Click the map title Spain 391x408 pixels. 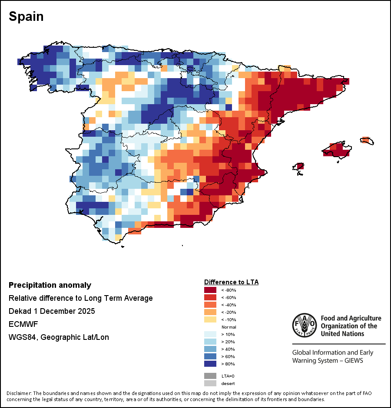pos(26,16)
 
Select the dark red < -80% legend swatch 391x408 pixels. pos(210,290)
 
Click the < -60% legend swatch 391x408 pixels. pos(210,297)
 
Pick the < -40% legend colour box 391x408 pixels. pos(210,304)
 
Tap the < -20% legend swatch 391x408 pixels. pos(210,312)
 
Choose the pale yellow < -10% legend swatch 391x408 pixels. pos(210,319)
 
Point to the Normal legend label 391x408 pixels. pos(229,327)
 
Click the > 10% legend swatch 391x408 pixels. pos(210,334)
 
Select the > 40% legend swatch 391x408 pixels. pos(210,349)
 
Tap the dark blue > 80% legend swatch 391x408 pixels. pos(210,363)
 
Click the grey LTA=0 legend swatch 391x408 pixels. pos(210,375)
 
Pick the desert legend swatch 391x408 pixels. pos(210,383)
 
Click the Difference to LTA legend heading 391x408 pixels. pos(231,282)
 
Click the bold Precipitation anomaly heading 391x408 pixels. pos(50,285)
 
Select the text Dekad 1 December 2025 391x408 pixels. pos(52,311)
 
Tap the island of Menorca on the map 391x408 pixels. pos(367,141)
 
